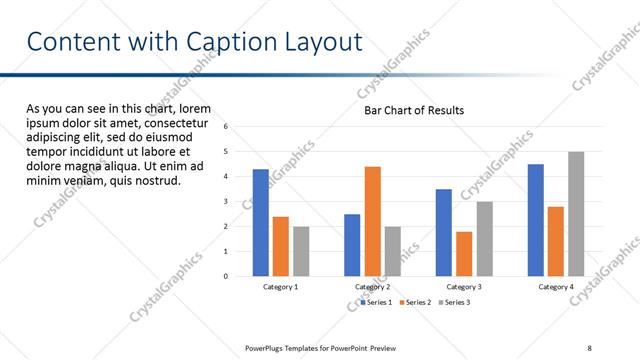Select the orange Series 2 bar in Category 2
point(372,220)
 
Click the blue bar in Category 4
point(536,219)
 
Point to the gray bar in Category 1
point(301,251)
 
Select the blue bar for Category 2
point(352,244)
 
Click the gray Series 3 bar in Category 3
point(484,238)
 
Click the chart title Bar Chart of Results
point(413,110)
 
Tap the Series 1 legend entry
point(375,302)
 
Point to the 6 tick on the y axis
point(226,127)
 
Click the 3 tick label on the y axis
point(226,201)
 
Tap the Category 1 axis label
point(281,287)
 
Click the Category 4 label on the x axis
point(556,287)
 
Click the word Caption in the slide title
point(232,43)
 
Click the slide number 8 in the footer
point(590,347)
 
